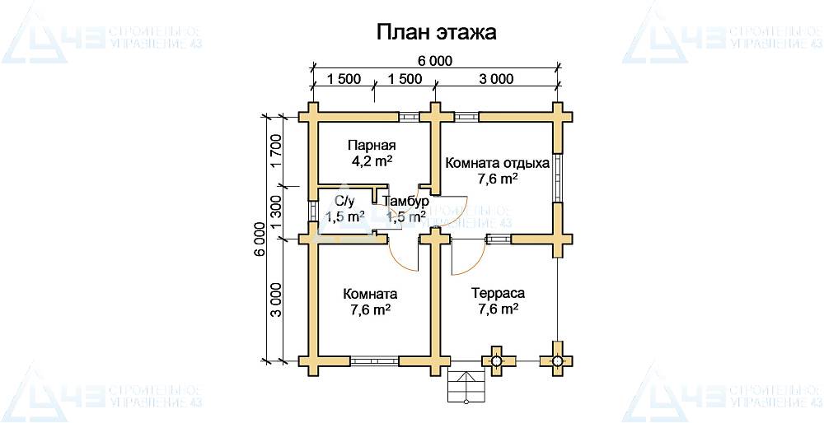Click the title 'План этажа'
(437, 32)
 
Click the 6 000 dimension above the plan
(435, 60)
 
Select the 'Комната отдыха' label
(498, 162)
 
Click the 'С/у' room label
(344, 200)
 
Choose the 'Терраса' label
(498, 293)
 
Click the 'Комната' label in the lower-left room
(371, 294)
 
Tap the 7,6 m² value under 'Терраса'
(498, 309)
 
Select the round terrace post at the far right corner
(558, 360)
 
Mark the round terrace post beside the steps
(497, 360)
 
